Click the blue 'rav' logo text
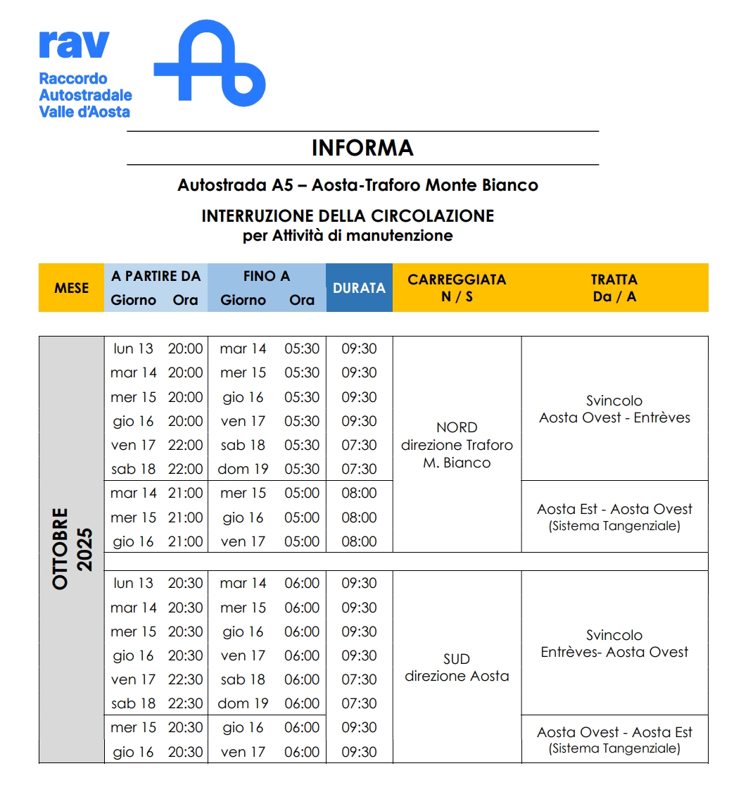coord(75,44)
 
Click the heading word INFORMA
coord(362,148)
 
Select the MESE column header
coord(71,287)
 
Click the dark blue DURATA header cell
coord(359,287)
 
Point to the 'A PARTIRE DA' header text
coord(156,276)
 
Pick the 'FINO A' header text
coord(267,276)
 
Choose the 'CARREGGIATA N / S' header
coord(457,287)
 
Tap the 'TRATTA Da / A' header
coord(614,287)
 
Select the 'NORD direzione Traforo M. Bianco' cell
coord(457,445)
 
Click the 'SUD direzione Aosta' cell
coord(457,667)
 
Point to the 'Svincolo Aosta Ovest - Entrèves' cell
coord(614,409)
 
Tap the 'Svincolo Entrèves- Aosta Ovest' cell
coord(614,643)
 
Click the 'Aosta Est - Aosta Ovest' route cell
coord(614,517)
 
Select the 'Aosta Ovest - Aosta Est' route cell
coord(614,739)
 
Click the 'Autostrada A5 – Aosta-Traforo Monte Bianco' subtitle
coord(357,185)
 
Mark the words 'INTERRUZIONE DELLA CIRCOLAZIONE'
coord(348,215)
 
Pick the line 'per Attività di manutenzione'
coord(348,236)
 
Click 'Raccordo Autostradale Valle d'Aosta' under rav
coord(85,95)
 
